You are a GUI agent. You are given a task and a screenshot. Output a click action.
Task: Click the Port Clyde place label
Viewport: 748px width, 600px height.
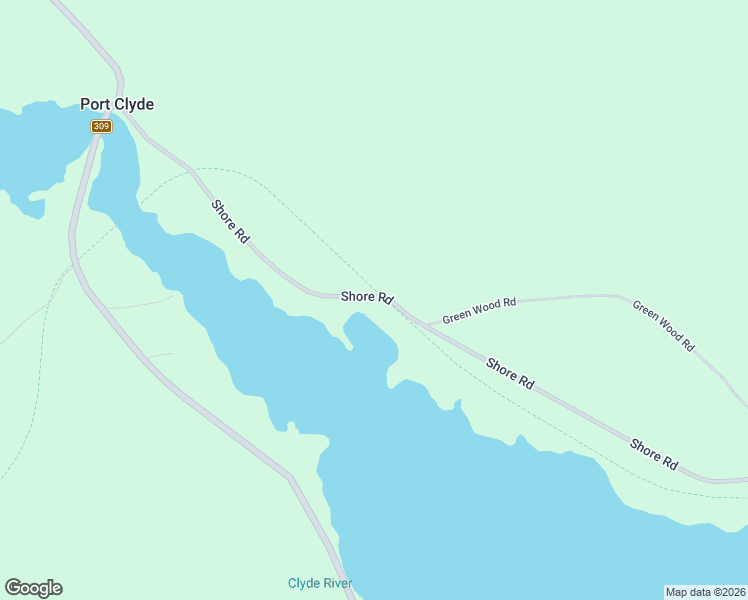pyautogui.click(x=117, y=104)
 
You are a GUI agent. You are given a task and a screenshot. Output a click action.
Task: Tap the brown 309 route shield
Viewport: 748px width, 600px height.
pyautogui.click(x=101, y=126)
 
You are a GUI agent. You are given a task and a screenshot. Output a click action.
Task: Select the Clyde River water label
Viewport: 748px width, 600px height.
pyautogui.click(x=320, y=583)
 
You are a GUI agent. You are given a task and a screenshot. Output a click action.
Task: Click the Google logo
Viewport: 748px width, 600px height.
pyautogui.click(x=33, y=588)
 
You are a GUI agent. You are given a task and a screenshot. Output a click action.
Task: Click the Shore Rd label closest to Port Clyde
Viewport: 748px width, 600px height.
pyautogui.click(x=230, y=221)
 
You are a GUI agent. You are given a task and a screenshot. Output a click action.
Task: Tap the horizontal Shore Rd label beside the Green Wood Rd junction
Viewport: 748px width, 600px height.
pyautogui.click(x=367, y=297)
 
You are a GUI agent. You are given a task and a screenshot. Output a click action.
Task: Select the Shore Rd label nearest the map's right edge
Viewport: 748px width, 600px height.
pyautogui.click(x=654, y=454)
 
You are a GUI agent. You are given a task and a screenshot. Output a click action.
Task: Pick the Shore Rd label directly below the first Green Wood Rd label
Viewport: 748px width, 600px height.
pyautogui.click(x=510, y=373)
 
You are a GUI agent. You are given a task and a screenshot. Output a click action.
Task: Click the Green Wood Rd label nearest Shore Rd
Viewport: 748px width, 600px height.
pyautogui.click(x=479, y=310)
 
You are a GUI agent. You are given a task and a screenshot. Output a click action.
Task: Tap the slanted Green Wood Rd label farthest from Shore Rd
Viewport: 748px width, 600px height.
pyautogui.click(x=663, y=324)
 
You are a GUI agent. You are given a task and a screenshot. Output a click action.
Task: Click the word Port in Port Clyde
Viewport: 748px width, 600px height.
pyautogui.click(x=96, y=104)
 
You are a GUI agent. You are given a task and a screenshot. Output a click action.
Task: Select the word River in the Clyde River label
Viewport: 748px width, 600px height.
pyautogui.click(x=337, y=583)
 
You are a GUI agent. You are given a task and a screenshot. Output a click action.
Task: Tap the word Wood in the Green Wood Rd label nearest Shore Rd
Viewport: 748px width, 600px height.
pyautogui.click(x=488, y=308)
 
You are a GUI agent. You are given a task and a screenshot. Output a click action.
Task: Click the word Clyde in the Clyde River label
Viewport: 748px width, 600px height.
pyautogui.click(x=303, y=583)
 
